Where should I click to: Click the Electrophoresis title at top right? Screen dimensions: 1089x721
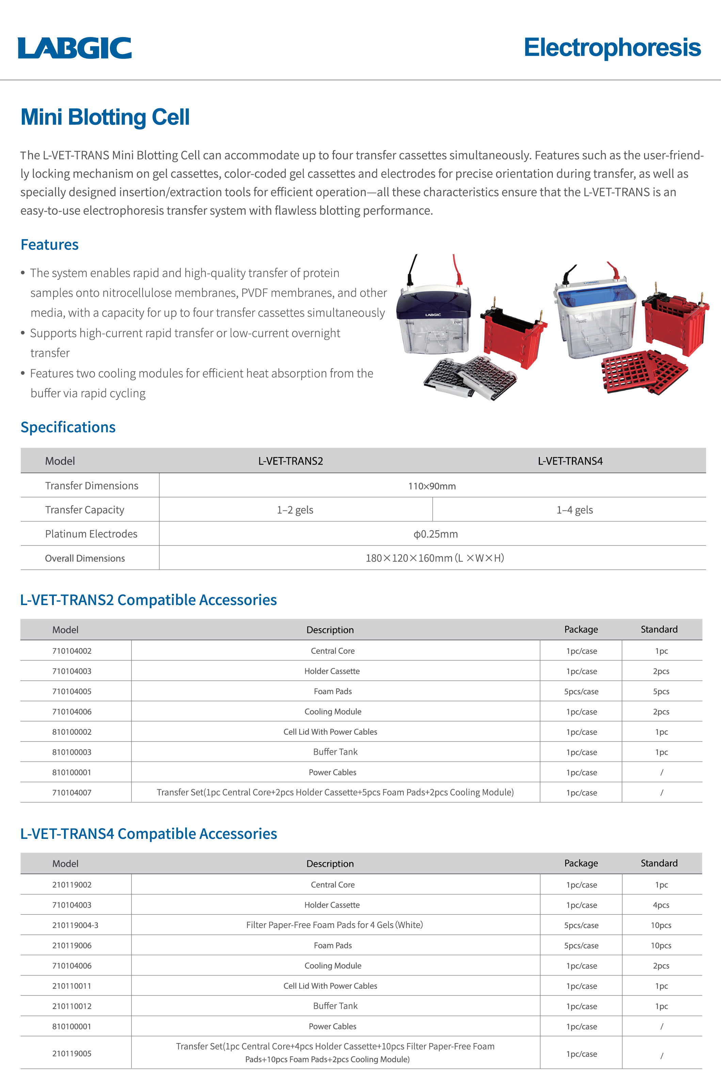[612, 47]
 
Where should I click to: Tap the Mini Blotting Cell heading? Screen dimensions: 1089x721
[105, 117]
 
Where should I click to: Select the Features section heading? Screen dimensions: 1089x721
[50, 245]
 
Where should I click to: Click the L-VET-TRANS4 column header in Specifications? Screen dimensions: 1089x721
[570, 461]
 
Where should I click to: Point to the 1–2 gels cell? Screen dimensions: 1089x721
[295, 510]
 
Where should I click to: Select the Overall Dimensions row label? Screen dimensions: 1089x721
[85, 558]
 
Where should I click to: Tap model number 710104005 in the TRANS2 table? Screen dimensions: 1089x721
[72, 692]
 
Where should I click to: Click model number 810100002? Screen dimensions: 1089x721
[72, 732]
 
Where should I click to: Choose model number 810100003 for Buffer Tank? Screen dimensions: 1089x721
[72, 752]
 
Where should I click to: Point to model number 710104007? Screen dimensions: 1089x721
[72, 793]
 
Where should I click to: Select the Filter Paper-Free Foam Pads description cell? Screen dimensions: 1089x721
[334, 925]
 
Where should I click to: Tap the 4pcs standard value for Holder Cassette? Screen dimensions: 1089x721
[661, 905]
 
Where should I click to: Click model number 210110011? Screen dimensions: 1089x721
[72, 986]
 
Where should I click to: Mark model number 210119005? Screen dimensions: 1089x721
[72, 1054]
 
